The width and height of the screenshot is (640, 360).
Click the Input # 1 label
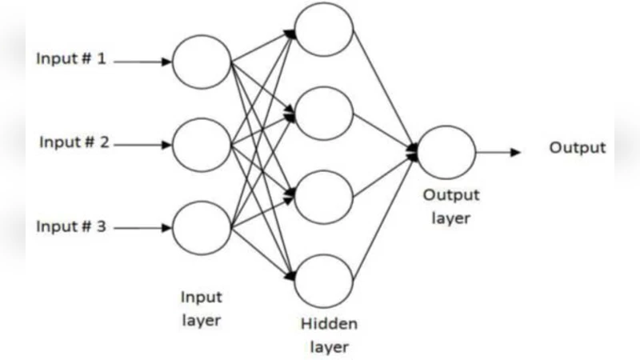(71, 59)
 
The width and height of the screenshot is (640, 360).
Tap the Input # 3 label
(71, 226)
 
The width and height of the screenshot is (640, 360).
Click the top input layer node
(202, 61)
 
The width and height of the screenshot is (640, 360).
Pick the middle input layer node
(202, 145)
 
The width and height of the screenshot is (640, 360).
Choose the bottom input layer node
(202, 229)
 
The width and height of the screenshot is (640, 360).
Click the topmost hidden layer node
(324, 29)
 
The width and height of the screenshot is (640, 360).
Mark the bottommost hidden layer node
(324, 280)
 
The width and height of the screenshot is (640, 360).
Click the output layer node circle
(446, 151)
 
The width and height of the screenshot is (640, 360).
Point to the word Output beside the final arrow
(577, 148)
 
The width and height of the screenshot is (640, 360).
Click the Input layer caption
(200, 309)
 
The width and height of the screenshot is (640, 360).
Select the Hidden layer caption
(329, 336)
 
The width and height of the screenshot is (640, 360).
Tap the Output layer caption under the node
(450, 206)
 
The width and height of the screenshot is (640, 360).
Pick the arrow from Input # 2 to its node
(146, 145)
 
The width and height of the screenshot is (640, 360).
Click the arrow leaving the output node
(499, 151)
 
